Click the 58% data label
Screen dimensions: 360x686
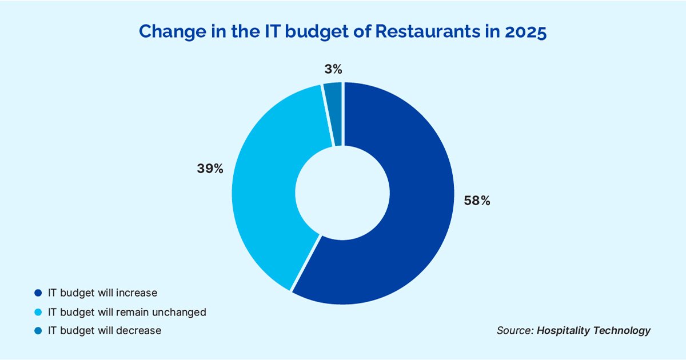(477, 201)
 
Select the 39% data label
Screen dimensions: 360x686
(210, 169)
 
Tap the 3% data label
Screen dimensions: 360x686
(333, 70)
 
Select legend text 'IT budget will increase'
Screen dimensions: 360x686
(102, 293)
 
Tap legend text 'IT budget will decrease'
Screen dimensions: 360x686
(105, 330)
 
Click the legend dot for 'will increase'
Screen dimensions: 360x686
(38, 293)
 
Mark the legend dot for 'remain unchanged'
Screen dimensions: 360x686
(38, 312)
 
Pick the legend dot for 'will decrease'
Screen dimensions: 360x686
(38, 330)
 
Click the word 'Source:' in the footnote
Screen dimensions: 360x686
(515, 330)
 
